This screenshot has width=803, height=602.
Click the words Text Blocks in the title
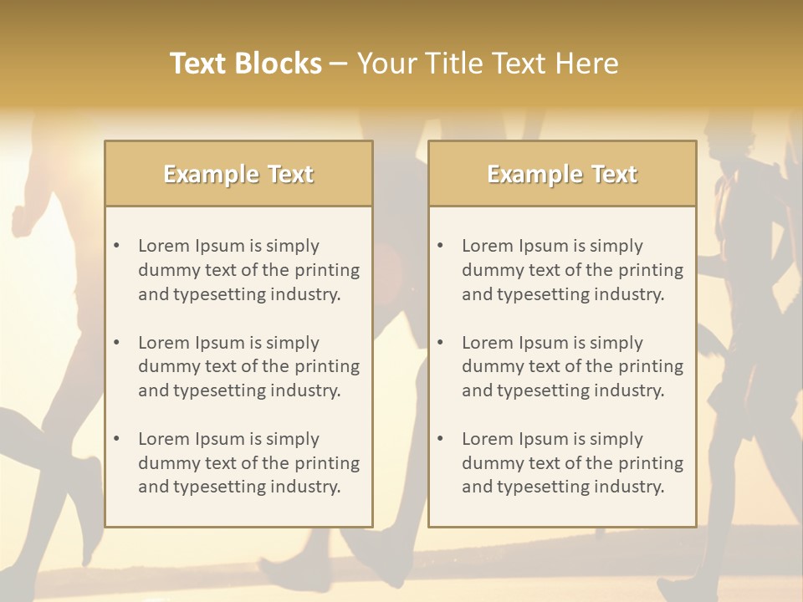point(245,64)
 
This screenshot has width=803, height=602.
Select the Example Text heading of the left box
point(238,174)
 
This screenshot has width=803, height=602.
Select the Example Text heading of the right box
point(562,174)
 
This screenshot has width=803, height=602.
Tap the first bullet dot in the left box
point(116,246)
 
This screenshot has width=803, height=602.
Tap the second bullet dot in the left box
point(116,343)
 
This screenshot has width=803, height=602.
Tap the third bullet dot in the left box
point(116,439)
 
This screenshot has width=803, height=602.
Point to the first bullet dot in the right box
point(440,246)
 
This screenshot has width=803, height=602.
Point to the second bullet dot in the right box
point(440,343)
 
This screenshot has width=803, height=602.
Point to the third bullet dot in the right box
point(440,439)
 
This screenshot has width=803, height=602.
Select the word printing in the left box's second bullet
point(328,366)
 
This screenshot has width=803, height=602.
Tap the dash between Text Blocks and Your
point(339,64)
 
